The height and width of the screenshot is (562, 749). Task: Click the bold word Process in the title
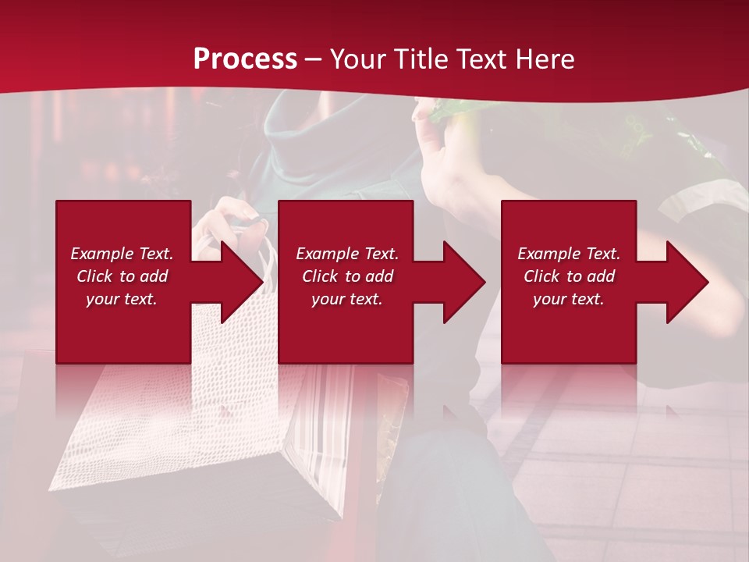245,59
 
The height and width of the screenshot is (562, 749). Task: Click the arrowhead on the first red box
238,282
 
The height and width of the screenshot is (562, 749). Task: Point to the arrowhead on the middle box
460,282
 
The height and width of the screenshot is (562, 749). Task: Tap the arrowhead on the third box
683,282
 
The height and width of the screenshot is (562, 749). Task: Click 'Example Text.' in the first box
122,254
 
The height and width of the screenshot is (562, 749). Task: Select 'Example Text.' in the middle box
347,254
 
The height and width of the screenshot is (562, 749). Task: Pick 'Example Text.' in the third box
569,254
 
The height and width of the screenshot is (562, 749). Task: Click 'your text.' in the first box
122,299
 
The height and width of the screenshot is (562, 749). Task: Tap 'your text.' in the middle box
347,299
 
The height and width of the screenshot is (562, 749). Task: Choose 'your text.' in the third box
569,299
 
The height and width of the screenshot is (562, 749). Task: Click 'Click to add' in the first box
122,276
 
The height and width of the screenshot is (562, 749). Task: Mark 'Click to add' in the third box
569,276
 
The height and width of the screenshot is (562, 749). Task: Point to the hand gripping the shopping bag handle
234,219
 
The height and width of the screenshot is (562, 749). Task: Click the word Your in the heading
357,59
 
